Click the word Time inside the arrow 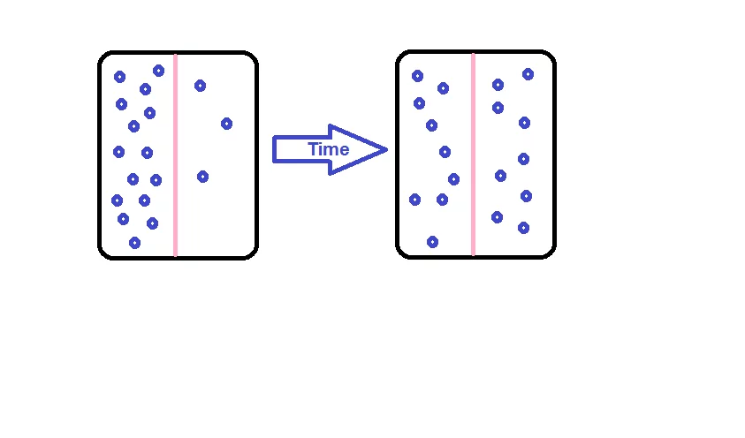pyautogui.click(x=328, y=150)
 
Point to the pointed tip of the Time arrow pyautogui.click(x=386, y=150)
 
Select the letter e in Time pyautogui.click(x=344, y=151)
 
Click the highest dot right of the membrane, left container pyautogui.click(x=200, y=86)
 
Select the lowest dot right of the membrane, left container pyautogui.click(x=202, y=177)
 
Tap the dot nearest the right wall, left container pyautogui.click(x=226, y=124)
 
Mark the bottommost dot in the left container pyautogui.click(x=134, y=242)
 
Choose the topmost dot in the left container pyautogui.click(x=158, y=71)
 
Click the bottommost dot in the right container pyautogui.click(x=432, y=241)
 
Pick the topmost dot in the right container pyautogui.click(x=528, y=74)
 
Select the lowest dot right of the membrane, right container pyautogui.click(x=523, y=228)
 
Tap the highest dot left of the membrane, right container pyautogui.click(x=417, y=76)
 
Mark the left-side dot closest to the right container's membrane pyautogui.click(x=453, y=179)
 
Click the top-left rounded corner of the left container pyautogui.click(x=103, y=57)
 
